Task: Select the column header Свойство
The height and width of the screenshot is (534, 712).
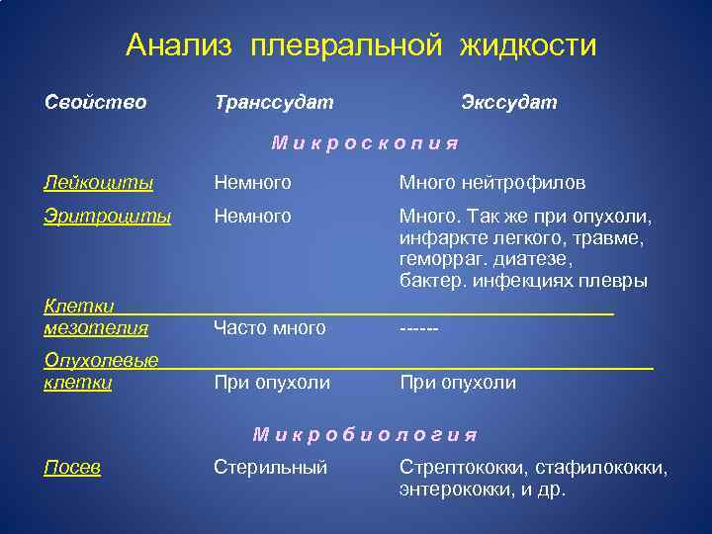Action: [95, 102]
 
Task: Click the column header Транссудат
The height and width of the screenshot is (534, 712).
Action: [273, 102]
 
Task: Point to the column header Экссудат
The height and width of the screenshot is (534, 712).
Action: [508, 102]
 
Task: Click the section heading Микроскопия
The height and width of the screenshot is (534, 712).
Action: [365, 143]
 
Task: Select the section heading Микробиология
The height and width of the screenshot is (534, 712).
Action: [365, 434]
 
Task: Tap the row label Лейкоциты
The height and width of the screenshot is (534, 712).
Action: [98, 183]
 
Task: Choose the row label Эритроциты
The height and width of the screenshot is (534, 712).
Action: [107, 216]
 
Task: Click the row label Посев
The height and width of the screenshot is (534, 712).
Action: [72, 468]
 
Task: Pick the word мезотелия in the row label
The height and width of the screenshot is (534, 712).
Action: [96, 327]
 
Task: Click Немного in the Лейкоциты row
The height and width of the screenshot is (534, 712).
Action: [252, 183]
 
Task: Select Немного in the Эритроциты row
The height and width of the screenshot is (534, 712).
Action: [252, 216]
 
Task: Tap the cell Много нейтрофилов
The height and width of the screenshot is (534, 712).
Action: [491, 183]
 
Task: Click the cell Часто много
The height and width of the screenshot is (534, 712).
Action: [269, 328]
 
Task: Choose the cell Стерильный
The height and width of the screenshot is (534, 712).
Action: [270, 468]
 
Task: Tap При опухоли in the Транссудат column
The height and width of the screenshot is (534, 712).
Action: [272, 383]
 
